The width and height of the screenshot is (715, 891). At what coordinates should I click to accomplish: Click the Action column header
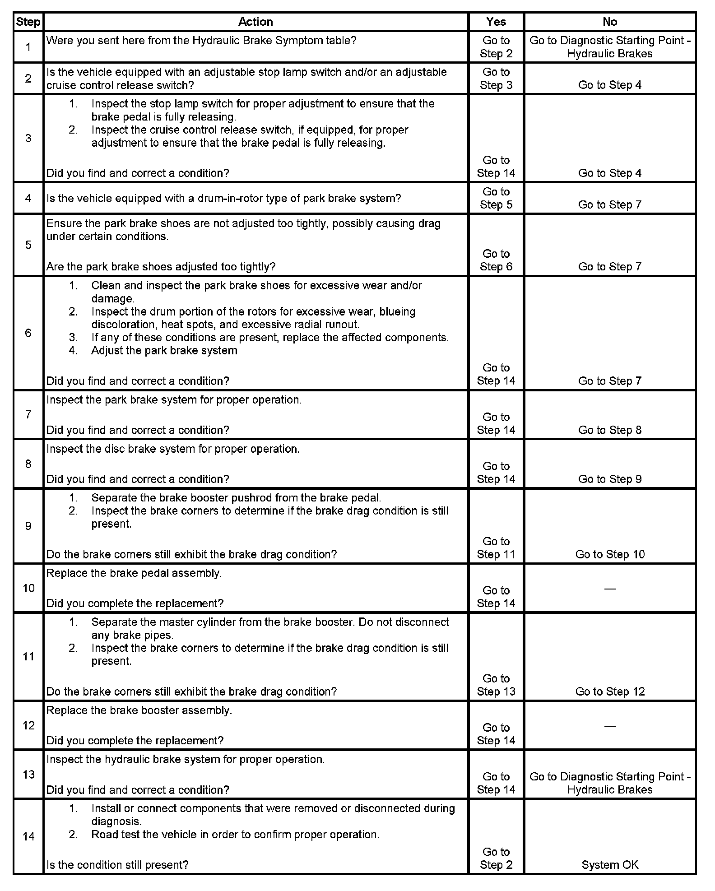pos(255,22)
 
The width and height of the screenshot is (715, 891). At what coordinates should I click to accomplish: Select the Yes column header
pos(496,22)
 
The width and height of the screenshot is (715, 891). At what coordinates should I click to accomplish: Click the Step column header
pos(28,22)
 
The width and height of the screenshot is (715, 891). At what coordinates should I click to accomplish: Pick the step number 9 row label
pos(28,526)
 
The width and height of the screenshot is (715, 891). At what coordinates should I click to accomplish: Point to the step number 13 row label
pos(28,774)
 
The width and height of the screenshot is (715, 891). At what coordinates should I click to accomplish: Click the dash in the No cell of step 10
pos(610,589)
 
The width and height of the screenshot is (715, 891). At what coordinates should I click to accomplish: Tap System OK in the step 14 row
pos(610,865)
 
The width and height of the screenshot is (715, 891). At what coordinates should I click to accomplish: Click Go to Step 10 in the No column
pos(610,554)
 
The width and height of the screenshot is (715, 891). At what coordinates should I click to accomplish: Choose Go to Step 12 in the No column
pos(610,691)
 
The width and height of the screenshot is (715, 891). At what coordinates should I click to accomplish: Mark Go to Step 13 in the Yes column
pos(496,685)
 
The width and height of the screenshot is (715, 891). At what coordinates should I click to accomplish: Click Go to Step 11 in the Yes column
pos(496,548)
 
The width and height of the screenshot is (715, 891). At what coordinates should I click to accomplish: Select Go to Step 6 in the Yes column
pos(496,260)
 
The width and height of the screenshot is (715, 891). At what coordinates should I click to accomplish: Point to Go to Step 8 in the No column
pos(610,430)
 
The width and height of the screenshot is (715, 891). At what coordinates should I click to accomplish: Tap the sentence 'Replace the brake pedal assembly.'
pos(134,573)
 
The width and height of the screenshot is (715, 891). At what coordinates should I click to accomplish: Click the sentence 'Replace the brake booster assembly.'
pos(139,710)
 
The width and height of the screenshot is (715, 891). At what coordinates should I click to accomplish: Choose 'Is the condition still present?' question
pos(117,865)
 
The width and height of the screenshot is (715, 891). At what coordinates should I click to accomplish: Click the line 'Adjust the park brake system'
pos(164,351)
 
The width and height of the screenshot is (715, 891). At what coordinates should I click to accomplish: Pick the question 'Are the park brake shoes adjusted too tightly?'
pos(161,267)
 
